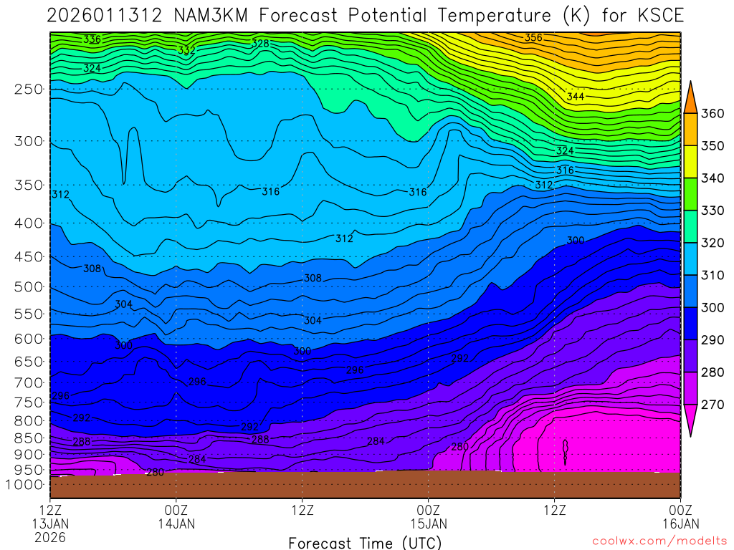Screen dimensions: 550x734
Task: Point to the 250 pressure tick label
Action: pos(29,90)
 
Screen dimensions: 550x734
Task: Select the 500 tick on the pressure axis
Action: pos(29,287)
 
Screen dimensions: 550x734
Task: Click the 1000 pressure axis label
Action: pos(25,484)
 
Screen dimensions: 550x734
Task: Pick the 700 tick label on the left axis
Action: pos(29,382)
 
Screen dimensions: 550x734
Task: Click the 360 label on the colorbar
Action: pos(712,114)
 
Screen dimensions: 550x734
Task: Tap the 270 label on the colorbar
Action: pos(712,405)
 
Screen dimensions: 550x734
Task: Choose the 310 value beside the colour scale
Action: pos(712,276)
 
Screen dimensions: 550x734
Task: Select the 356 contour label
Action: pos(533,37)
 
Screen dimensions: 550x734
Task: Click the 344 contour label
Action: pos(575,97)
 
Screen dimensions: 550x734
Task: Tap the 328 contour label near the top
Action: pos(260,44)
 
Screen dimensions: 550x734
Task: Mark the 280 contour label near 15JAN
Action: pos(459,448)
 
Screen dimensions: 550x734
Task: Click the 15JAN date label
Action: pos(428,524)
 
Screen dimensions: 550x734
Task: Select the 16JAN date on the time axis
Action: pos(679,524)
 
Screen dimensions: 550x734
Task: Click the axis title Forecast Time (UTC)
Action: pos(366,542)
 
